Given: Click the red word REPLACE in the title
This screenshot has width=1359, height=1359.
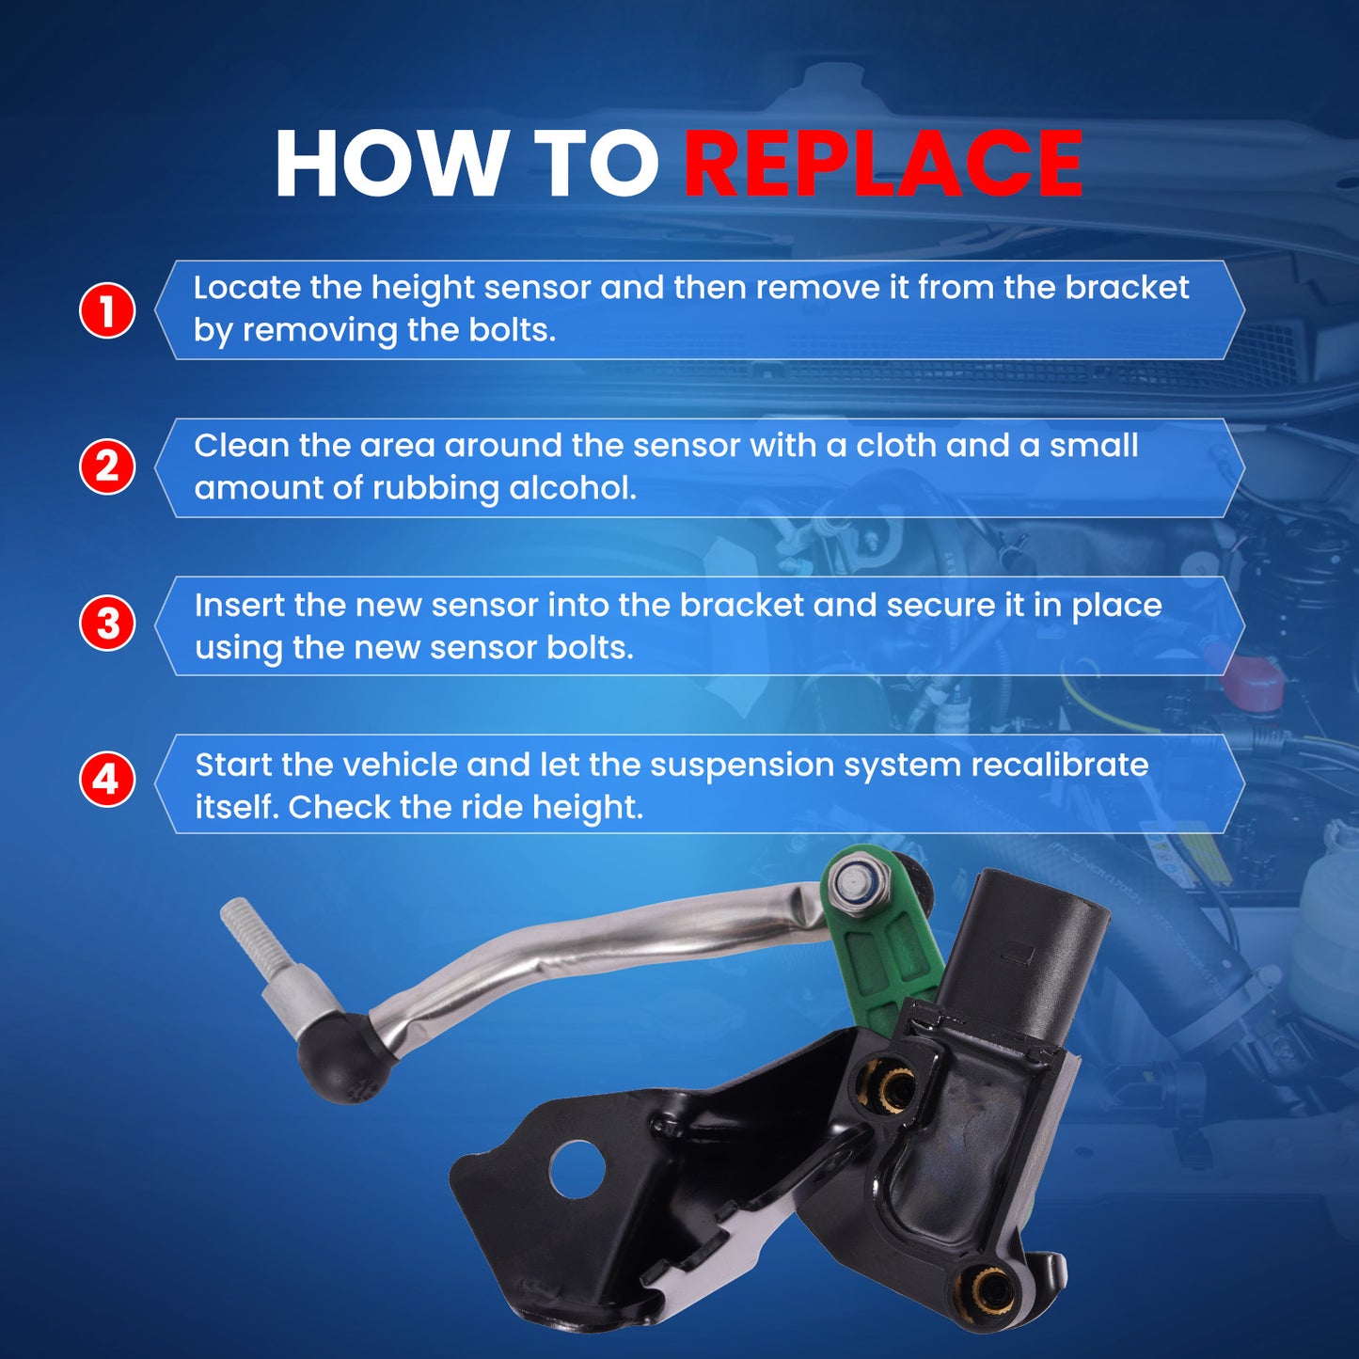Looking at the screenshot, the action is pos(883,164).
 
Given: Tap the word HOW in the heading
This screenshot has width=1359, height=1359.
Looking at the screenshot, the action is pos(387,164).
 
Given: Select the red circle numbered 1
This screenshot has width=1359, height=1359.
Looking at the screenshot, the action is pos(107,310).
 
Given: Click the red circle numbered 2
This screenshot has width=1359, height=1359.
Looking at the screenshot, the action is pos(107,466).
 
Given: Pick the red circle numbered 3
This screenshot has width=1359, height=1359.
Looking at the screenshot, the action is pos(107,624).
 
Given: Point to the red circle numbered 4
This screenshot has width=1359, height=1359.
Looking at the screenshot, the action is pos(107,781).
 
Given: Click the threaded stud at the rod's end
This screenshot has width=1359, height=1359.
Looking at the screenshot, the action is pos(246,932).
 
